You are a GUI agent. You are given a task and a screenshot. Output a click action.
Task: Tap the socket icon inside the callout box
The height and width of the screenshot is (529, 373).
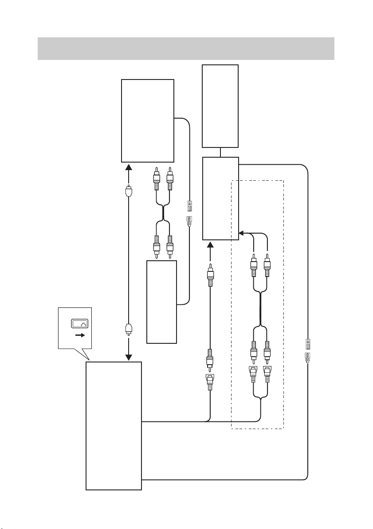pyautogui.click(x=80, y=324)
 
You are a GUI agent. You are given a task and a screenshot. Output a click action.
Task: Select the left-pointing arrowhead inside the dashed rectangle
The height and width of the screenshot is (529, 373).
pyautogui.click(x=242, y=232)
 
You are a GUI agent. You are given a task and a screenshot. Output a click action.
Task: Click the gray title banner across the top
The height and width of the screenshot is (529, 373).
pyautogui.click(x=186, y=48)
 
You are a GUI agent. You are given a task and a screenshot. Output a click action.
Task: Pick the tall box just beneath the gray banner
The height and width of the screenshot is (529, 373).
pyautogui.click(x=220, y=106)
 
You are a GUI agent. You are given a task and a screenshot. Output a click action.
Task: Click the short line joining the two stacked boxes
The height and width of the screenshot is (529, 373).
pyautogui.click(x=220, y=152)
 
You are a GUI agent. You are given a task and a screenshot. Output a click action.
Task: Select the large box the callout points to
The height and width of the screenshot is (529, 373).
pyautogui.click(x=114, y=426)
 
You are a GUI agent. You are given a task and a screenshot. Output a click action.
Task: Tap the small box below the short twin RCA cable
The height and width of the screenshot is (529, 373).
pyautogui.click(x=161, y=302)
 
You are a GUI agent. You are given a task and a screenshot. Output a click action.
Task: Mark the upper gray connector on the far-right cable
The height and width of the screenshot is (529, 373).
pyautogui.click(x=307, y=344)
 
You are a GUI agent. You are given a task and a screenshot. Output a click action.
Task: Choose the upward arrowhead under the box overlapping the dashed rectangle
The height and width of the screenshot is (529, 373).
pyautogui.click(x=211, y=245)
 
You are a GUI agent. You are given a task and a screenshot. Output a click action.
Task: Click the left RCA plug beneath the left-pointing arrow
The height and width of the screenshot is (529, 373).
pyautogui.click(x=253, y=266)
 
